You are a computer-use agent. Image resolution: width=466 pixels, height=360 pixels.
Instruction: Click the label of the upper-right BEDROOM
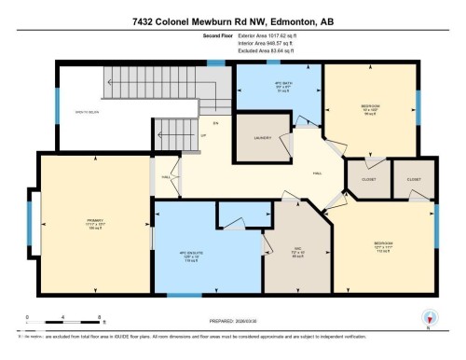pyautogui.click(x=371, y=107)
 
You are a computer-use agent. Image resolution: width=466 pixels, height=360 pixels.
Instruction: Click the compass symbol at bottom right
pyautogui.click(x=430, y=317)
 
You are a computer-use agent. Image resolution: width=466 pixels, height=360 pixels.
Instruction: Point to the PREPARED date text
pyautogui.click(x=233, y=315)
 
